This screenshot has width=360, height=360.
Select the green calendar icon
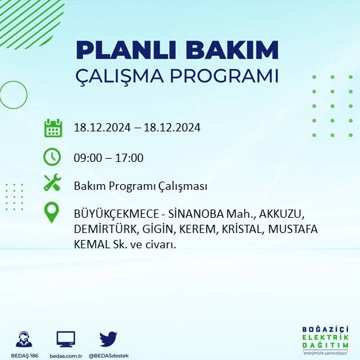coord(53,128)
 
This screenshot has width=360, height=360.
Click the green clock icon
coord(52,156)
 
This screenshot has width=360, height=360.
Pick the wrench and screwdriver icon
coord(52,183)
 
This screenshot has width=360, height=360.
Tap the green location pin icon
coord(52,213)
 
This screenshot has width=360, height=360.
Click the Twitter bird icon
coord(109,338)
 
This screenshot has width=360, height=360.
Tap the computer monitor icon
coord(66,339)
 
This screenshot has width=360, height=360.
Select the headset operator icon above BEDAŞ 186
coord(25,339)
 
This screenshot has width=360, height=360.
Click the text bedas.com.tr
coord(66,356)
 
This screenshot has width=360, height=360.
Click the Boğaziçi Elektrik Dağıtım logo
coord(326,340)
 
